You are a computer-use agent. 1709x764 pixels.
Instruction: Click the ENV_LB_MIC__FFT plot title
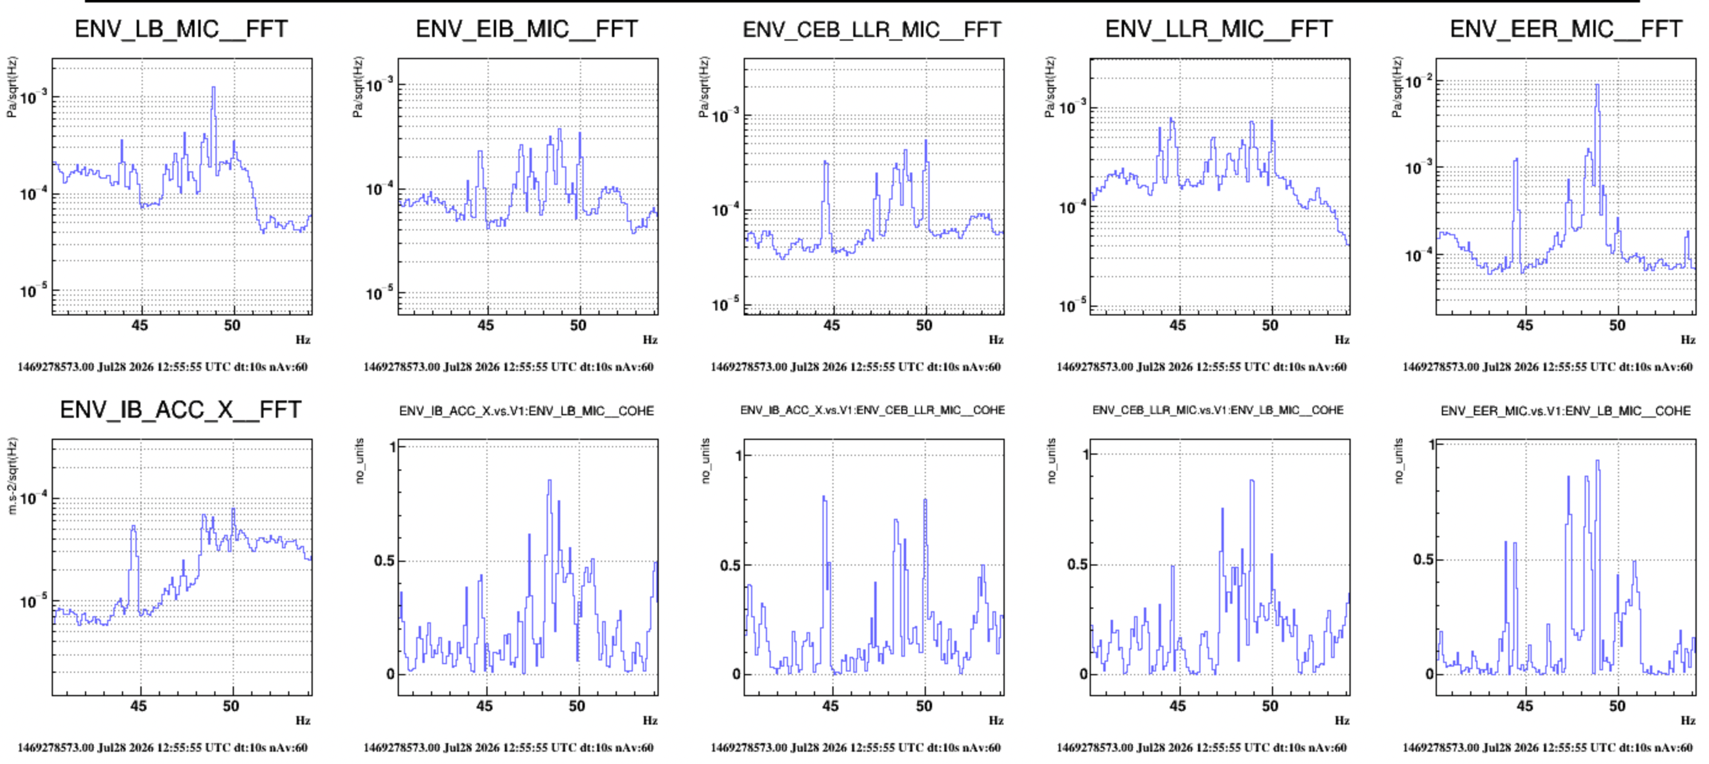tap(181, 29)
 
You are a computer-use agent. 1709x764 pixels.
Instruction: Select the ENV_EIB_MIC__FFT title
tap(527, 29)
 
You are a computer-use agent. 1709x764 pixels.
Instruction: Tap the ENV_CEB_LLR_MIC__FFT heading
tap(872, 30)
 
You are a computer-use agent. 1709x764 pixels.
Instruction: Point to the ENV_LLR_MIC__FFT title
tap(1219, 29)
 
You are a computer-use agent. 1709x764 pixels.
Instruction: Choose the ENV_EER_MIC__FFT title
tap(1566, 29)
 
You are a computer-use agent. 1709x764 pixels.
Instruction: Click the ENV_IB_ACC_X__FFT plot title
tap(180, 410)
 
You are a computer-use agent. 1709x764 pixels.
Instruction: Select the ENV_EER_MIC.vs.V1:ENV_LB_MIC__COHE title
tap(1566, 411)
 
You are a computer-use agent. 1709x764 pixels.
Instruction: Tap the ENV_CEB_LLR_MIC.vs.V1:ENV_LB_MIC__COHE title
tap(1218, 410)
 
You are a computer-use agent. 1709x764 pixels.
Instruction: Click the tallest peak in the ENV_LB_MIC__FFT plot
tap(214, 87)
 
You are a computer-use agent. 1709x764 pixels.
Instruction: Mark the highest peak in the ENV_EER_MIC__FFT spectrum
tap(1598, 84)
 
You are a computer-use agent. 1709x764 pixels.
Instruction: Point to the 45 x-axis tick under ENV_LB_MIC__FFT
tap(139, 325)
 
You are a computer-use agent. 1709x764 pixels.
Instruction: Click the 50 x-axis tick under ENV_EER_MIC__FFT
tap(1617, 325)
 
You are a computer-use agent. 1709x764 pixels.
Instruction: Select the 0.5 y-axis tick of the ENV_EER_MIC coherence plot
tap(1423, 559)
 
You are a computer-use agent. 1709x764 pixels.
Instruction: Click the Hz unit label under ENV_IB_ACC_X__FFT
tap(303, 720)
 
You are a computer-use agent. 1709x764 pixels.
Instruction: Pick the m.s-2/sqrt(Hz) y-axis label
tap(12, 476)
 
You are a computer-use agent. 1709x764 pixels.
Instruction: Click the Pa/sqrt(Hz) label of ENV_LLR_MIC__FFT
tap(1050, 87)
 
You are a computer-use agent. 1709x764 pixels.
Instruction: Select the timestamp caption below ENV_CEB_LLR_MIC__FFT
tap(856, 367)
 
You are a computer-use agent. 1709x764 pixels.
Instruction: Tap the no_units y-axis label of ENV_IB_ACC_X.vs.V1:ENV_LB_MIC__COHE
tap(360, 461)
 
